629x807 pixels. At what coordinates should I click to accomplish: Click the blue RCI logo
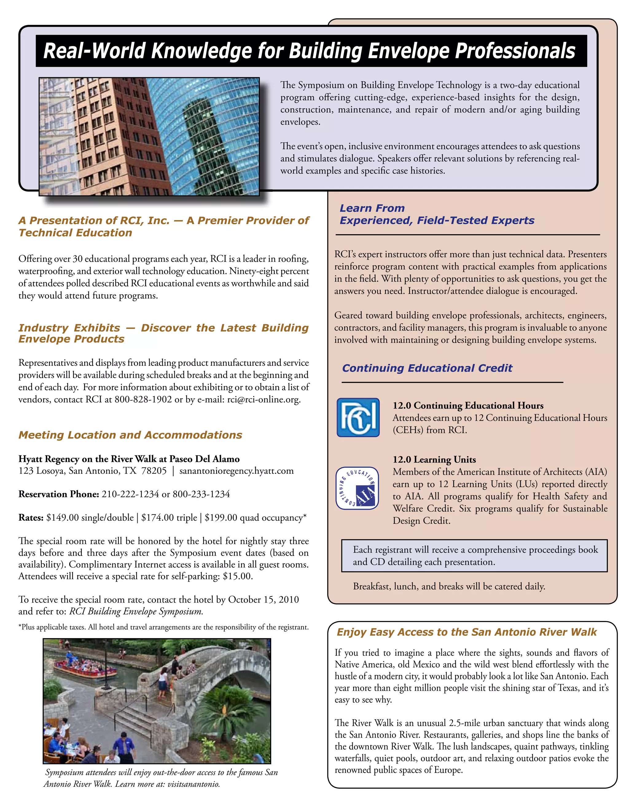[x=358, y=417]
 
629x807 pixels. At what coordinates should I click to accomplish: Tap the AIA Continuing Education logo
[x=357, y=488]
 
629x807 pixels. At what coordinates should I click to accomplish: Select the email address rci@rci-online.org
[x=263, y=399]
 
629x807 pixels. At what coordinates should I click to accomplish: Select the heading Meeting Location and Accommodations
[x=130, y=435]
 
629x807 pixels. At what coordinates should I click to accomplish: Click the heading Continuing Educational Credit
[x=427, y=368]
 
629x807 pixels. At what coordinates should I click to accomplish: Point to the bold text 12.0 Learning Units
[x=434, y=459]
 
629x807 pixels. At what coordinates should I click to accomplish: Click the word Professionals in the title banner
[x=515, y=51]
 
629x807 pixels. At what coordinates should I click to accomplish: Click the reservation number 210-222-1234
[x=130, y=494]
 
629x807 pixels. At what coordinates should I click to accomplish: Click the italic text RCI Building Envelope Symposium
[x=136, y=611]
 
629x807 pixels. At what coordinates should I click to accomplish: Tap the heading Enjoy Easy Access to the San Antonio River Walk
[x=467, y=632]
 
